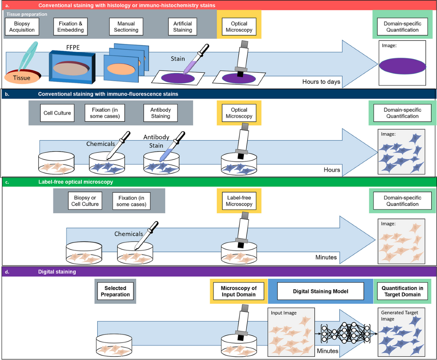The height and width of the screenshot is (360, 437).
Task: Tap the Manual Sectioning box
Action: [124, 27]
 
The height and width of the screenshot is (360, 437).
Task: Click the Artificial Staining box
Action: [182, 27]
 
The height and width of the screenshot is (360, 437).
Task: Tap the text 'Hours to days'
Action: [321, 82]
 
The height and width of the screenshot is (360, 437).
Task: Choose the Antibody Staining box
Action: [161, 113]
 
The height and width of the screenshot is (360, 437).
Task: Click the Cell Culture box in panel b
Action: [60, 113]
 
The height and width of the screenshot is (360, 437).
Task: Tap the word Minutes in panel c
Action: [326, 257]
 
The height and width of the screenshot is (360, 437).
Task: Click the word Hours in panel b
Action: [331, 170]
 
